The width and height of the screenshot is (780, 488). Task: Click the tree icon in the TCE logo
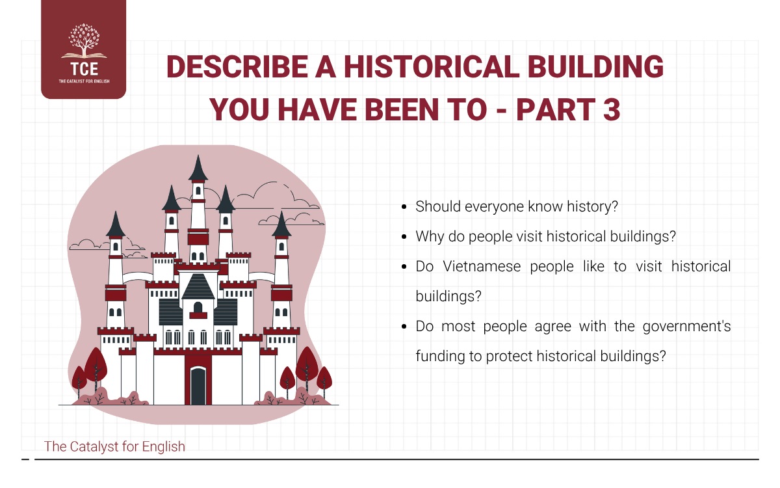pos(84,41)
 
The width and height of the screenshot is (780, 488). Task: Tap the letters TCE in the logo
pos(84,69)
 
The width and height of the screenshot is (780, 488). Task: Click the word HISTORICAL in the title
pos(432,66)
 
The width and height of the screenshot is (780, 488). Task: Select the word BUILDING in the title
pos(596,66)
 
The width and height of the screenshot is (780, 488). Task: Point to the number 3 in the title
pos(612,109)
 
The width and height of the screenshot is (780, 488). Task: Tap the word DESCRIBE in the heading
pos(237,66)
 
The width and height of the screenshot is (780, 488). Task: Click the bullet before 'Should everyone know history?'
pos(404,207)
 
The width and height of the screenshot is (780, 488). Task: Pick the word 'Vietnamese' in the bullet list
pos(482,266)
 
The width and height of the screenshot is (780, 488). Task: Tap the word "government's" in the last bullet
pos(686,327)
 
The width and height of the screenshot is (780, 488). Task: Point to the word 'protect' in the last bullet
pos(509,357)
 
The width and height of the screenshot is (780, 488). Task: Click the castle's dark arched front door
pos(198,386)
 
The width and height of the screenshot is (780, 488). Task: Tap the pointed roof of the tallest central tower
pos(198,169)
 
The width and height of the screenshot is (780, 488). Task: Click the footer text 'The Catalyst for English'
pos(114,446)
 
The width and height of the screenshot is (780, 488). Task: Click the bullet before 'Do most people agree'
pos(404,327)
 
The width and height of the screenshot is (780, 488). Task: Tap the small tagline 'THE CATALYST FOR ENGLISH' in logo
pos(84,81)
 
